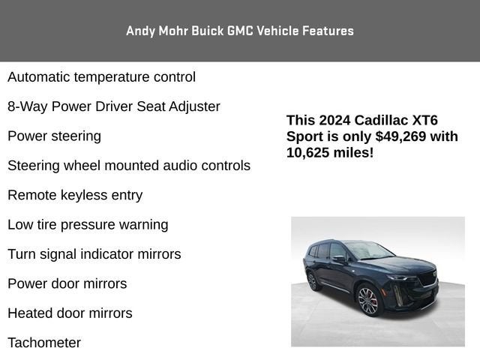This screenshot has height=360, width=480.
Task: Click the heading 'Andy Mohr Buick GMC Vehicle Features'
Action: [x=240, y=31]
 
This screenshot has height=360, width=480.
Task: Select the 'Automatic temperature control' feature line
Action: [x=101, y=76]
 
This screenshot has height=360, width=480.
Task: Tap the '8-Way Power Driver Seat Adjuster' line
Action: [x=114, y=106]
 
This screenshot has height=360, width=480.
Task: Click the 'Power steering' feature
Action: [x=54, y=136]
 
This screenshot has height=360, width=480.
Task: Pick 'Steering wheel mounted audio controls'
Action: [x=129, y=166]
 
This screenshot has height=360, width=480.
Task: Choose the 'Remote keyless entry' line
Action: [x=75, y=195]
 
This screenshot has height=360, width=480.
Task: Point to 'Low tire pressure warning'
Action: [x=88, y=224]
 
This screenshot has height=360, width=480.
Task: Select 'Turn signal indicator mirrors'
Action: [x=94, y=254]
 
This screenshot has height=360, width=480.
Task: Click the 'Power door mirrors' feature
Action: [x=67, y=283]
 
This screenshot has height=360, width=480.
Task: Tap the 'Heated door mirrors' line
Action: [x=70, y=313]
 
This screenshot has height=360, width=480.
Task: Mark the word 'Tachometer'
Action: [x=44, y=343]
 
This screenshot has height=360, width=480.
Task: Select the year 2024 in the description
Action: [x=334, y=120]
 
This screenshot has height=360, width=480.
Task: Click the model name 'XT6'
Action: [x=425, y=120]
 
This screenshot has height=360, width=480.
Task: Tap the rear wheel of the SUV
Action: [x=313, y=281]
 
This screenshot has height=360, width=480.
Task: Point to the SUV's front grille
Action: [x=427, y=278]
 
